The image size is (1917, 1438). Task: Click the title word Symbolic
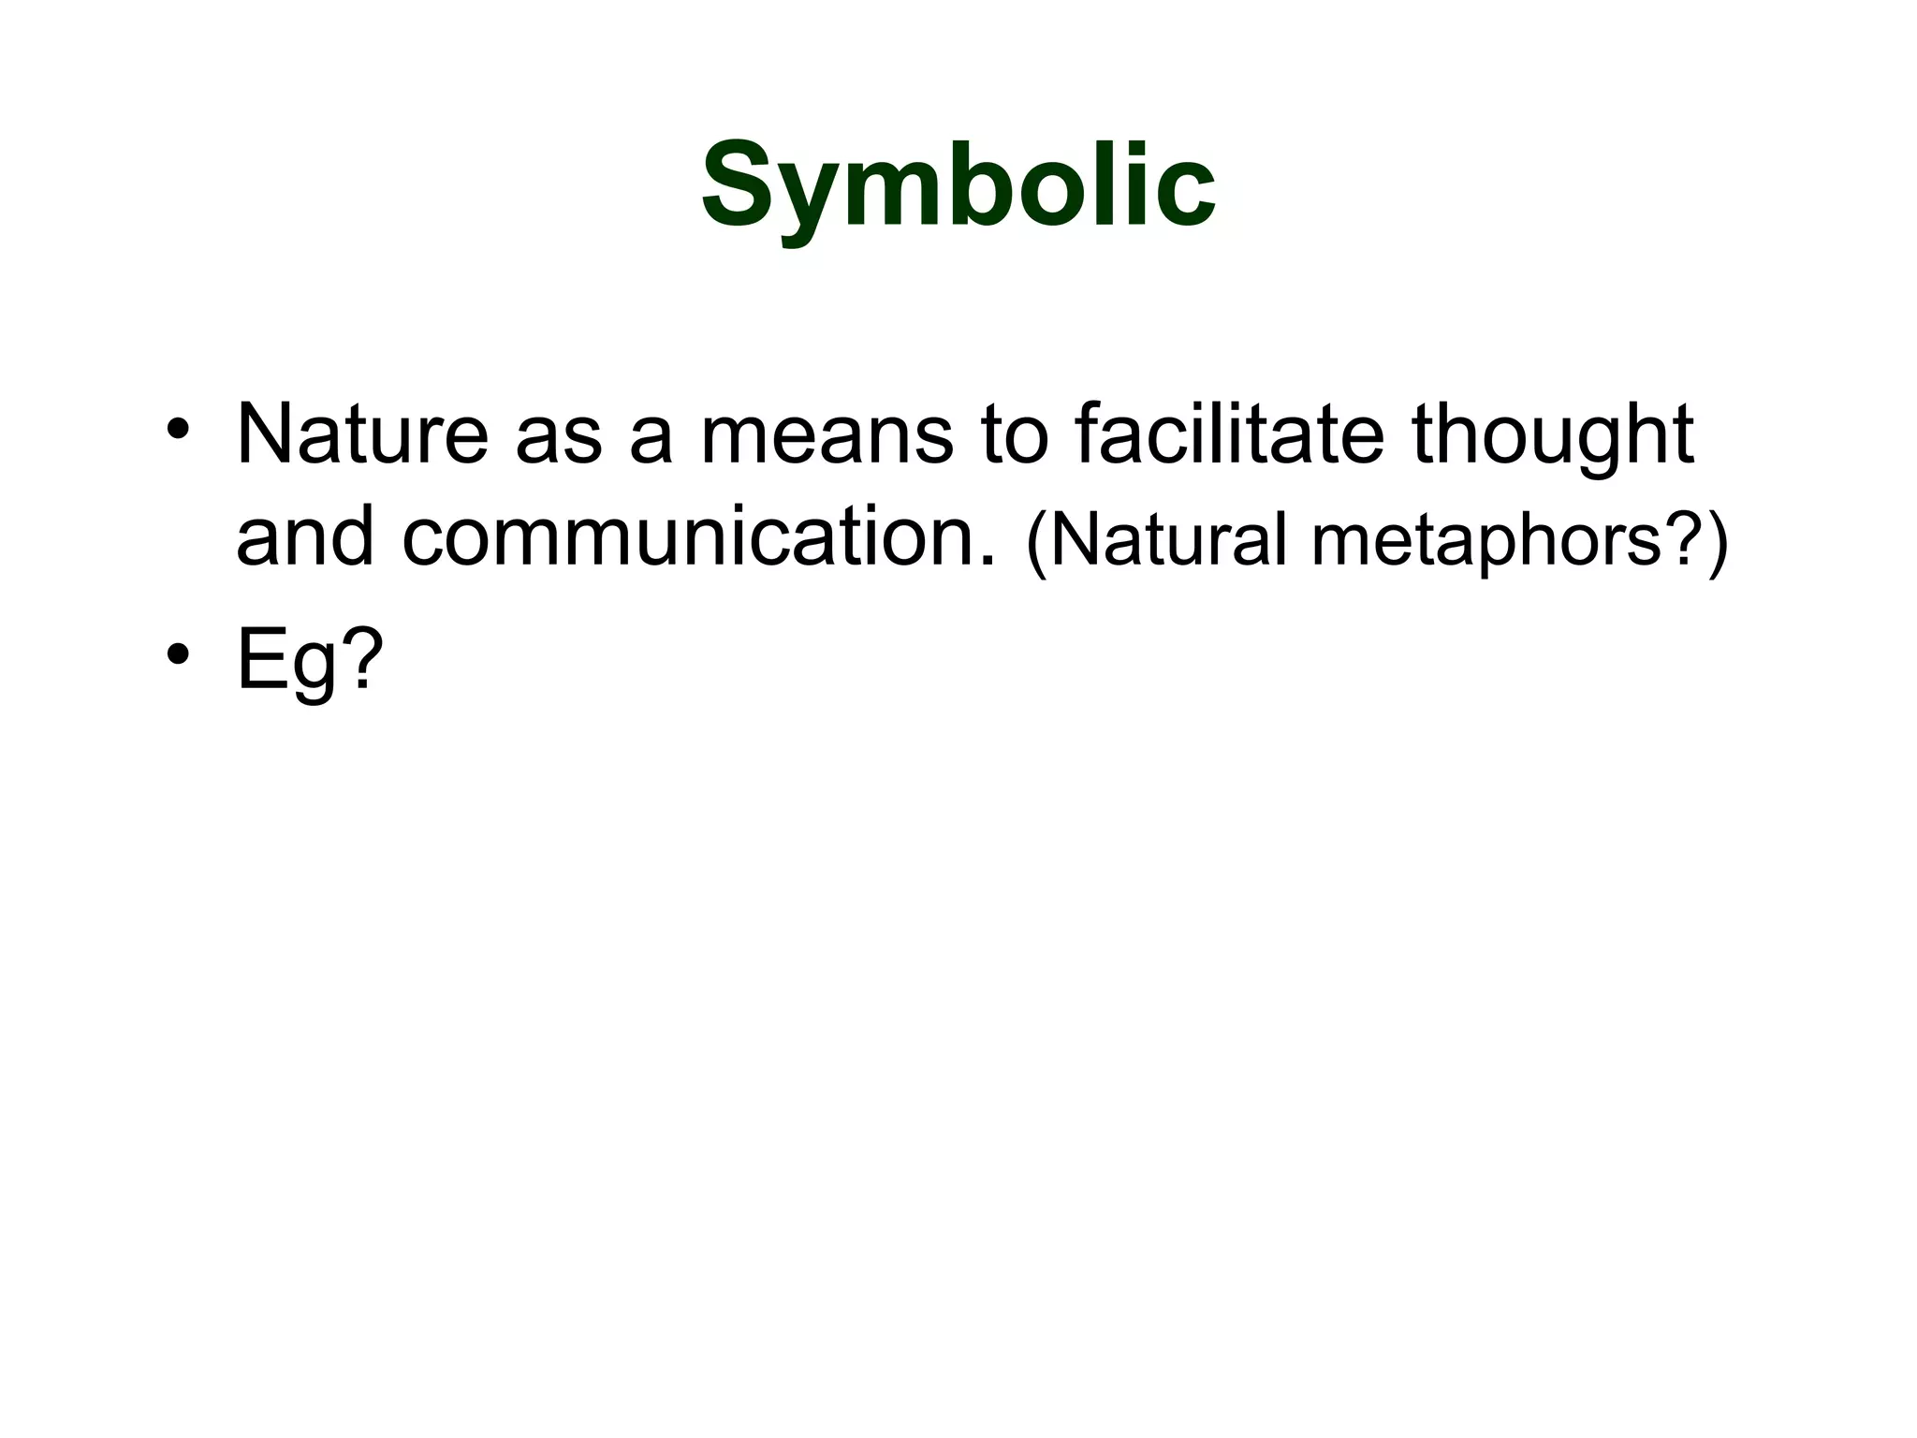pyautogui.click(x=958, y=187)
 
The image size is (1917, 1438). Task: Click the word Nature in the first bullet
pyautogui.click(x=362, y=434)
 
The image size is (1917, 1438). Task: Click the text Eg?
pyautogui.click(x=309, y=659)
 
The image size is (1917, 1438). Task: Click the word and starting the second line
pyautogui.click(x=304, y=538)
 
